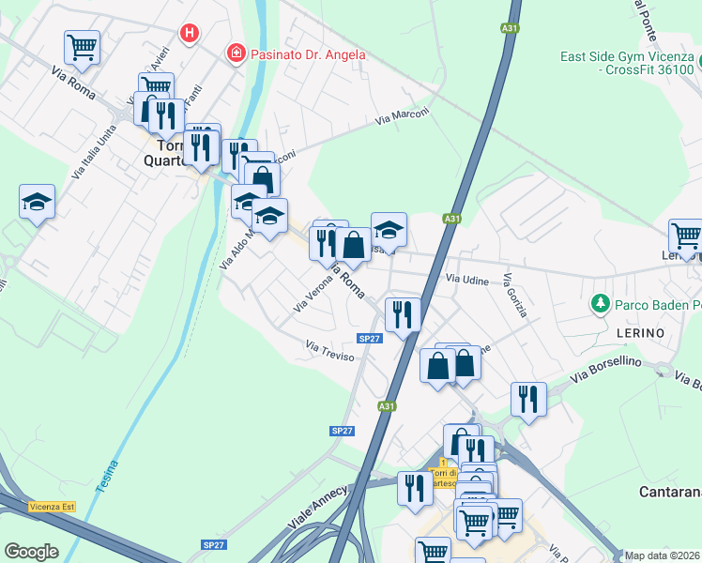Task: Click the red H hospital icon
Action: pos(191,34)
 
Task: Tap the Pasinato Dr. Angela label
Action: pos(307,54)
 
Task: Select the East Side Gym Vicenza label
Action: pos(626,63)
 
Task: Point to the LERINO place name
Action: pos(640,333)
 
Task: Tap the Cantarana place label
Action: pos(670,492)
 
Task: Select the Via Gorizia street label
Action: pos(515,296)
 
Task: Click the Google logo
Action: pos(31,551)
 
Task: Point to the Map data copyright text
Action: pos(663,555)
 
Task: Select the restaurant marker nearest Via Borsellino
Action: pos(528,399)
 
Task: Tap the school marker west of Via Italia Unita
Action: pos(37,202)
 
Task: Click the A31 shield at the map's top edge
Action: pos(510,29)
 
